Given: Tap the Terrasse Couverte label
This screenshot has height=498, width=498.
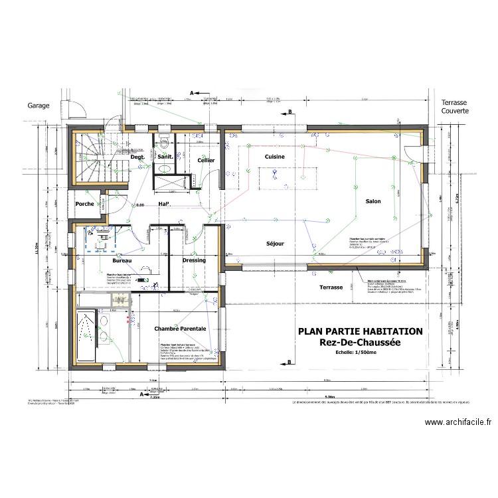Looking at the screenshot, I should point(455,107).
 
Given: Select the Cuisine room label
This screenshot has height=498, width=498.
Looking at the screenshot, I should point(274,157).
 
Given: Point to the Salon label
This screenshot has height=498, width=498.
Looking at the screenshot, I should point(373,201).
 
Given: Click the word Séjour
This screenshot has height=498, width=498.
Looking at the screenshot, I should point(275,244).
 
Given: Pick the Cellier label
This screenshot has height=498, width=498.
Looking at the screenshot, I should point(206,161).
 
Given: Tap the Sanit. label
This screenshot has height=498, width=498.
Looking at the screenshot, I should point(165,157).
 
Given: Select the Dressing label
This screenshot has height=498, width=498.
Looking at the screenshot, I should point(194,260).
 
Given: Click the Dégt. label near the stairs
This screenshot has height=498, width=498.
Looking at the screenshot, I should point(137,157).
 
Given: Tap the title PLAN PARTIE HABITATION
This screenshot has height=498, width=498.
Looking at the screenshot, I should point(360,331).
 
